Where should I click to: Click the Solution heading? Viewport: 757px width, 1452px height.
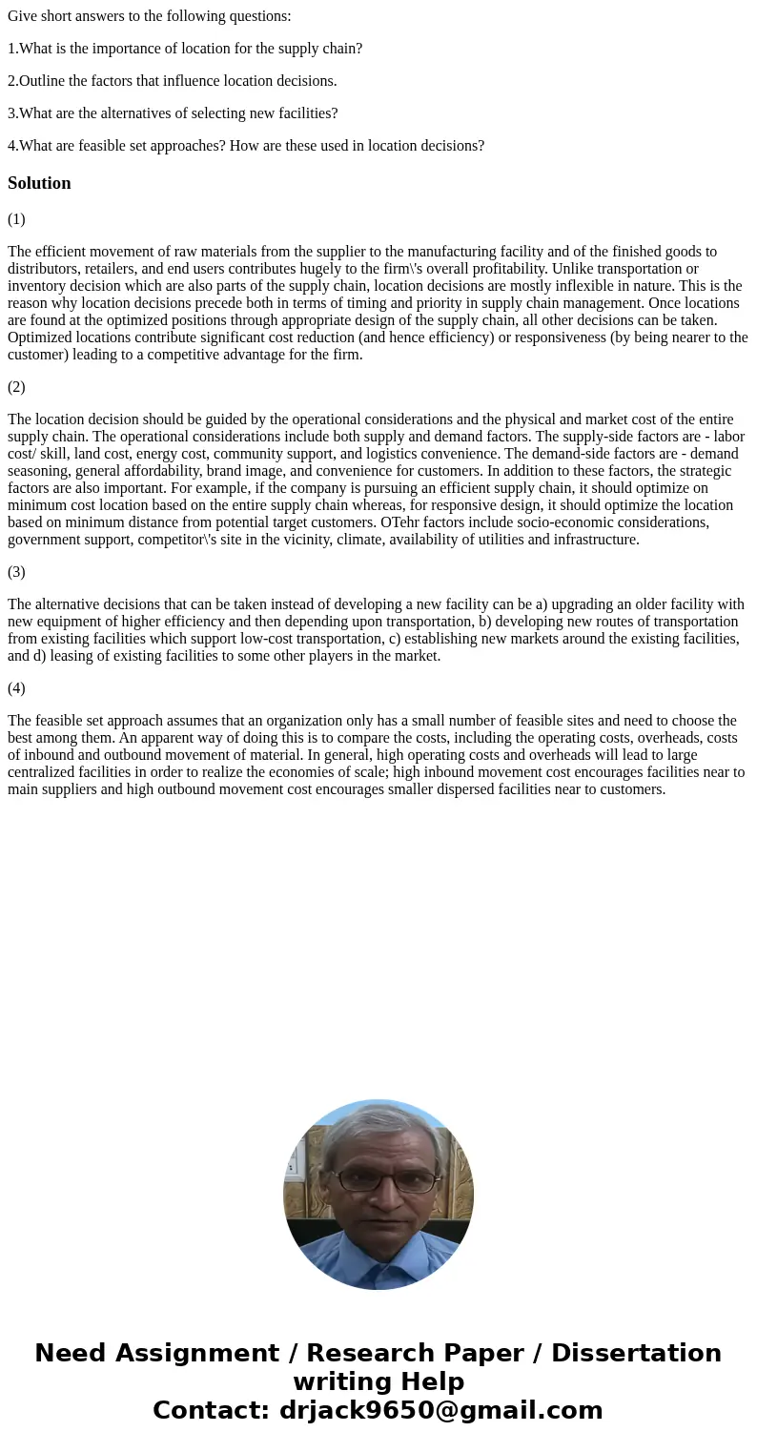tap(39, 183)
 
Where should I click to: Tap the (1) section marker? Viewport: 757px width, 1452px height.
tap(16, 219)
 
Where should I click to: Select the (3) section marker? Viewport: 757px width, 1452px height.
tap(16, 572)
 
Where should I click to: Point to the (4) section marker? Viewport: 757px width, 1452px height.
tap(16, 688)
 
